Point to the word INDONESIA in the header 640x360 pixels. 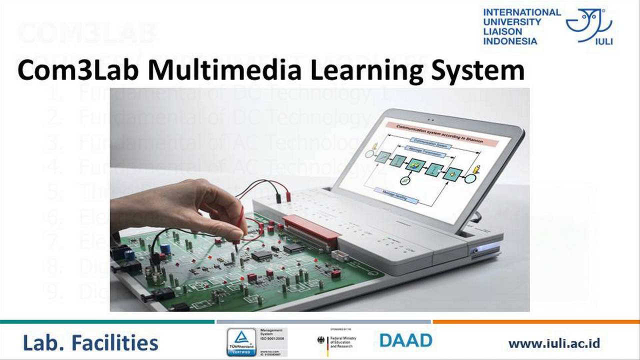click(510, 41)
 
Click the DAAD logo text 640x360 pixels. click(405, 340)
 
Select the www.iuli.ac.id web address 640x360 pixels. click(554, 343)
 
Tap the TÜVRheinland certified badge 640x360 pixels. click(241, 342)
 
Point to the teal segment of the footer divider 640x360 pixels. click(107, 321)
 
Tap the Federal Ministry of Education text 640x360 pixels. click(344, 341)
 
